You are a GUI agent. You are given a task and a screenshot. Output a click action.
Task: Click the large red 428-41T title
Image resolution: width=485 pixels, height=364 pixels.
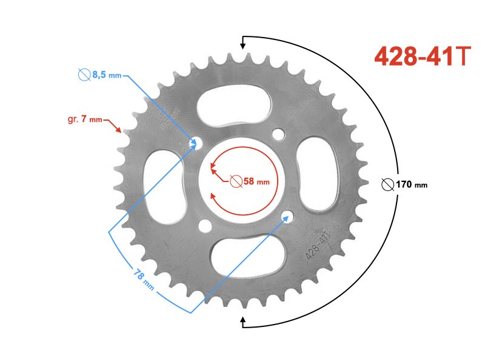[x=422, y=56]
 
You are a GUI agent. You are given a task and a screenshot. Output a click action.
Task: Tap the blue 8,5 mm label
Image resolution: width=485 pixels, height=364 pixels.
[x=107, y=75]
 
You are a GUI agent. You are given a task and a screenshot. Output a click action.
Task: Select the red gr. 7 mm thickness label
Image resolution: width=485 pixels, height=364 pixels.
[x=84, y=119]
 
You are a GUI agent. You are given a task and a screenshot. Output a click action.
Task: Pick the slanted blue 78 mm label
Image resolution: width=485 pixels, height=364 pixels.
[x=144, y=280]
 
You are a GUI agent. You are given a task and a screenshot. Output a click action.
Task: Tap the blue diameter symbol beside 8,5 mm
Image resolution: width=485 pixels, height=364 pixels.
[x=84, y=75]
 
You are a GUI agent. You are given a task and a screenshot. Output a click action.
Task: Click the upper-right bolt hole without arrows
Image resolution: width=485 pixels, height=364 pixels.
[x=279, y=133]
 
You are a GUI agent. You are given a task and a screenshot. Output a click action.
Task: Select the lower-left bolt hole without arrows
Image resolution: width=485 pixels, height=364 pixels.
[x=206, y=226]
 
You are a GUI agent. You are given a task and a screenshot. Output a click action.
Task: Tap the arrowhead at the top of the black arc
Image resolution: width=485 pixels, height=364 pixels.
[x=243, y=42]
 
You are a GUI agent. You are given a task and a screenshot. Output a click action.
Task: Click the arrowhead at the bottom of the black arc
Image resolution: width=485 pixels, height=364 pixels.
[x=243, y=321]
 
